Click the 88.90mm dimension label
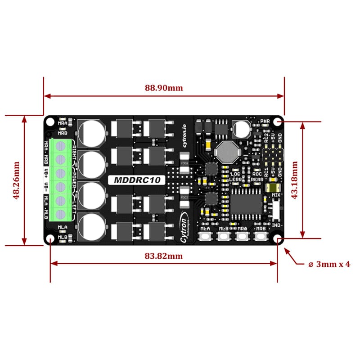point(164,88)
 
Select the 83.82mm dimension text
point(164,256)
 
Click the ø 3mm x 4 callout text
point(329,264)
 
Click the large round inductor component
point(226,153)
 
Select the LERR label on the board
point(235,179)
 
